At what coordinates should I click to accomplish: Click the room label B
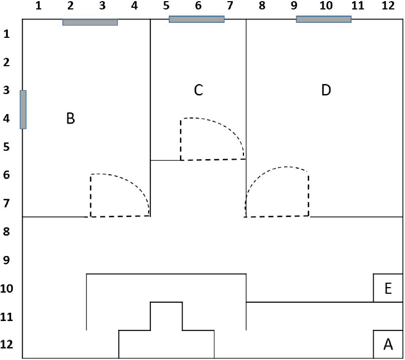[x=70, y=119]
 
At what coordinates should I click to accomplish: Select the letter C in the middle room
[x=198, y=90]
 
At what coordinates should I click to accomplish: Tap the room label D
[x=326, y=90]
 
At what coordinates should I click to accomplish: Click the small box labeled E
[x=388, y=288]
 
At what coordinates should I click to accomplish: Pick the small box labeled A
[x=388, y=345]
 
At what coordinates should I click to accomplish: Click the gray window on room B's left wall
[x=23, y=110]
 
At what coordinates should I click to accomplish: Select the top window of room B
[x=90, y=23]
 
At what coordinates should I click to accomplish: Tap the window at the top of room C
[x=197, y=19]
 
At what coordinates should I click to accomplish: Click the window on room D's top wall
[x=324, y=19]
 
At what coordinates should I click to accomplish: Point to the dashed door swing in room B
[x=120, y=195]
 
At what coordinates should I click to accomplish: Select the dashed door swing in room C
[x=212, y=139]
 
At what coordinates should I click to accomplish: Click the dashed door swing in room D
[x=277, y=192]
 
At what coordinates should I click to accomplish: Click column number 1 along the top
[x=38, y=7]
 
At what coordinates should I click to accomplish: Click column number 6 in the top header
[x=198, y=7]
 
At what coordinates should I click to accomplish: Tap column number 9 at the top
[x=294, y=7]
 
